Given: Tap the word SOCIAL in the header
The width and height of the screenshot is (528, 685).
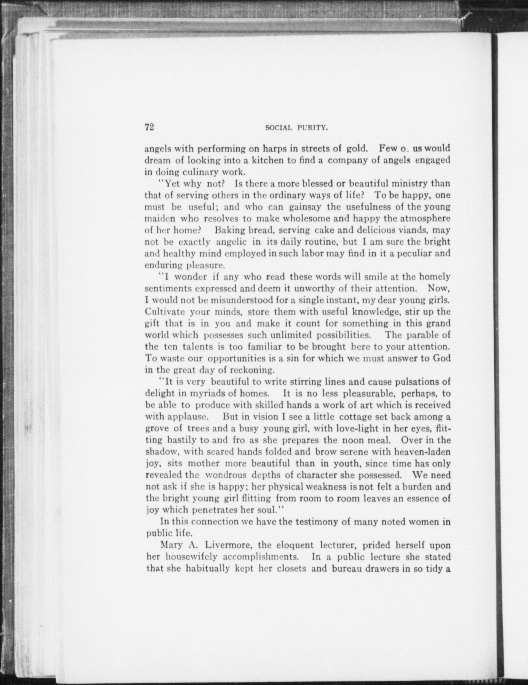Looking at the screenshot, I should pyautogui.click(x=278, y=128).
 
